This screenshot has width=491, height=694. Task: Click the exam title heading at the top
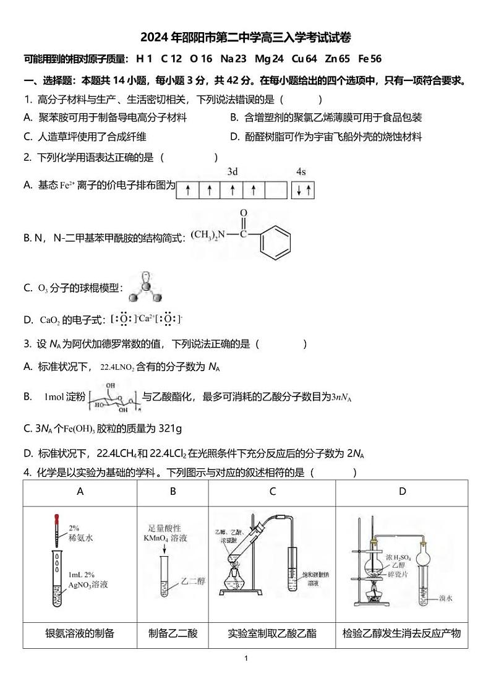pyautogui.click(x=246, y=38)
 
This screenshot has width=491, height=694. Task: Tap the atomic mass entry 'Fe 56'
pyautogui.click(x=370, y=59)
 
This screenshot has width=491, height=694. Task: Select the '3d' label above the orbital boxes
pyautogui.click(x=233, y=171)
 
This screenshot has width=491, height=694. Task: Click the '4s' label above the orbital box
pyautogui.click(x=301, y=171)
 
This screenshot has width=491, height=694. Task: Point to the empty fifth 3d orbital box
pyautogui.click(x=276, y=191)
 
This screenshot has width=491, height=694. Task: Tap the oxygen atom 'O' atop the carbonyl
pyautogui.click(x=244, y=213)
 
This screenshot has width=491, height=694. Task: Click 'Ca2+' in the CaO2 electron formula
pyautogui.click(x=146, y=319)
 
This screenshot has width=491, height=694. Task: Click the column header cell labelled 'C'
pyautogui.click(x=272, y=492)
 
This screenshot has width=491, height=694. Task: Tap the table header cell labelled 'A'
pyautogui.click(x=80, y=492)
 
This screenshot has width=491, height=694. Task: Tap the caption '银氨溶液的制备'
pyautogui.click(x=80, y=633)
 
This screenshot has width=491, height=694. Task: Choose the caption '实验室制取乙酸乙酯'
pyautogui.click(x=272, y=633)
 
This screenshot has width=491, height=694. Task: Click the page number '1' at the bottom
pyautogui.click(x=246, y=658)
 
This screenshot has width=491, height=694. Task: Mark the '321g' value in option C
pyautogui.click(x=167, y=428)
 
